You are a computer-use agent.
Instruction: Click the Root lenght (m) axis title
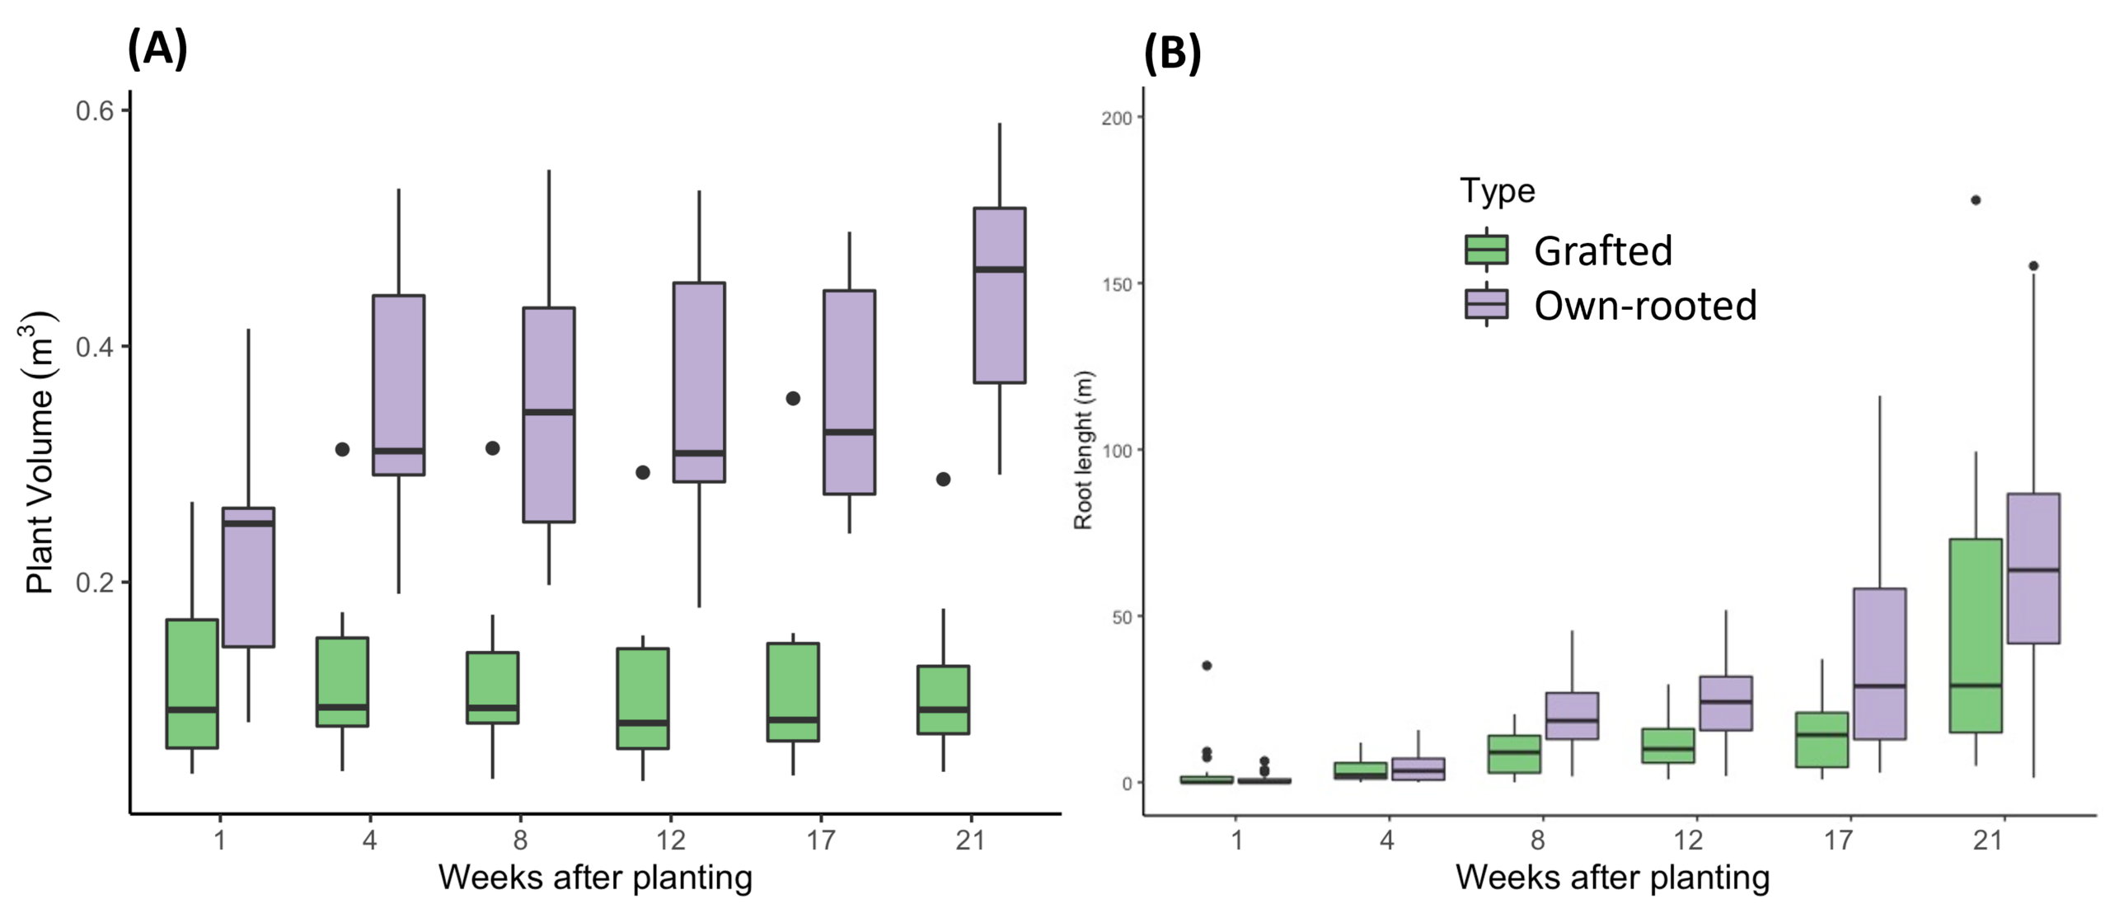point(1083,450)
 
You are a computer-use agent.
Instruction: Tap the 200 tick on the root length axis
point(1117,118)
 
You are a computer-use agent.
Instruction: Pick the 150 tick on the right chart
point(1117,284)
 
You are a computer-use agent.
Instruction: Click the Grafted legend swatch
point(1486,249)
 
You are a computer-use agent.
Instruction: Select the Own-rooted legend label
point(1645,306)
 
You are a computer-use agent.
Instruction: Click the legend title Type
point(1498,191)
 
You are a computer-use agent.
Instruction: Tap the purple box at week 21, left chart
point(1000,295)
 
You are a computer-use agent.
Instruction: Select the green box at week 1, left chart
point(192,683)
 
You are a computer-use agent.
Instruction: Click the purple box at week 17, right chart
point(1879,663)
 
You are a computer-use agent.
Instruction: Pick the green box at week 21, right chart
point(1976,634)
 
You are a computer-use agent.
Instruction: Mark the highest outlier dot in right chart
point(1976,200)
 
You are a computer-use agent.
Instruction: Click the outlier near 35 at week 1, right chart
point(1207,666)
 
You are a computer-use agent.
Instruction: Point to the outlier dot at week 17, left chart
point(793,399)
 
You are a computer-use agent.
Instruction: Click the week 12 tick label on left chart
point(670,840)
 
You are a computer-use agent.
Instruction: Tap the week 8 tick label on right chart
point(1538,840)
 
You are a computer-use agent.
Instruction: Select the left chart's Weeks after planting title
point(595,878)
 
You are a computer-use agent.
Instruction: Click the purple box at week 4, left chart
point(399,385)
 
